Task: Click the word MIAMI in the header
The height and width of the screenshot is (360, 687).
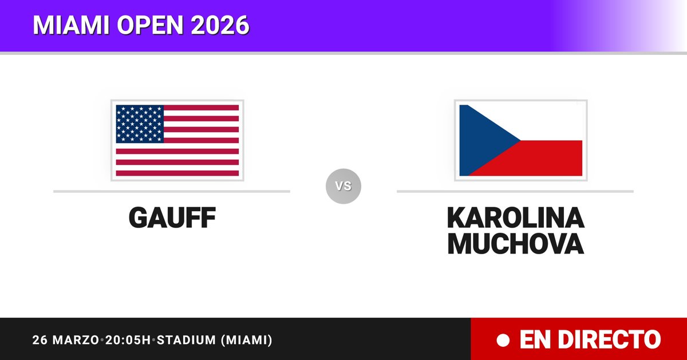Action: coord(71,25)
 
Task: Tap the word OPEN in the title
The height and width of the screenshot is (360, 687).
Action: coord(150,25)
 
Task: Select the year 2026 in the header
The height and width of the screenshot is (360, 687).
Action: coord(220,25)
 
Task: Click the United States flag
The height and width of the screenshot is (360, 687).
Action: coord(177,140)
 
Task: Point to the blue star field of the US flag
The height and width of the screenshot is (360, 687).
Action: coord(140,124)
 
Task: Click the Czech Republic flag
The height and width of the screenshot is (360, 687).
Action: coord(521,140)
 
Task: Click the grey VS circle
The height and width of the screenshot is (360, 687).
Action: coord(343,186)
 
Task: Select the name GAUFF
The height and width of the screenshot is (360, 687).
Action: coord(172,217)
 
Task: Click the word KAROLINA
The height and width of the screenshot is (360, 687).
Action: coord(516,217)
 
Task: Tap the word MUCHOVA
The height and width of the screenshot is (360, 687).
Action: coord(516,243)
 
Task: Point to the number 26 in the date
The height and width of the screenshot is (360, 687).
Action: coord(40,340)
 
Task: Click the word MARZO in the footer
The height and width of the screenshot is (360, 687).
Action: coord(76,340)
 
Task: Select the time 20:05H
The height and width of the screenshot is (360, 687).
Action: coord(128,340)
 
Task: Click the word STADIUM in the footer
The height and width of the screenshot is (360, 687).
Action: coord(187,340)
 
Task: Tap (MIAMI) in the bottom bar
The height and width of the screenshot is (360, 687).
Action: coord(247,340)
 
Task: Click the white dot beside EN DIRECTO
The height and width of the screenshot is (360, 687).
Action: coord(503,340)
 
